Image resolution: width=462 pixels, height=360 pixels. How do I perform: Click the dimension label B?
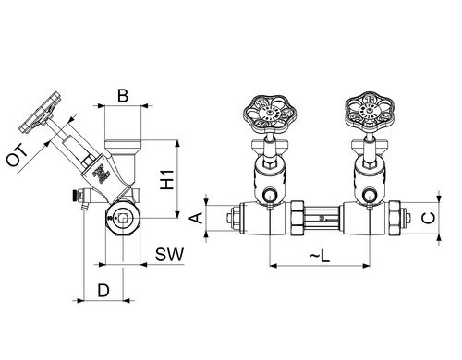click(123, 96)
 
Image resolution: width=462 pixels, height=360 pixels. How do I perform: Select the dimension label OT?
click(18, 156)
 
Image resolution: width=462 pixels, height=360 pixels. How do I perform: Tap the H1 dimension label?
click(167, 180)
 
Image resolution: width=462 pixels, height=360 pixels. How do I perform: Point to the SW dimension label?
click(169, 255)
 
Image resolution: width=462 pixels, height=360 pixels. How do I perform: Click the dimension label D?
click(103, 291)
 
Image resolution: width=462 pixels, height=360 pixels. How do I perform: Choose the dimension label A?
click(196, 218)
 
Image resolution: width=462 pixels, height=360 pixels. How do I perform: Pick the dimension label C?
click(429, 218)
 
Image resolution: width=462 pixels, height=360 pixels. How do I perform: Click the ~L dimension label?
click(320, 256)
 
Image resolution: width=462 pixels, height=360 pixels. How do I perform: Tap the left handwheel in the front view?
click(271, 114)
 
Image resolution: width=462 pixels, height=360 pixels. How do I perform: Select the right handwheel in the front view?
click(370, 110)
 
